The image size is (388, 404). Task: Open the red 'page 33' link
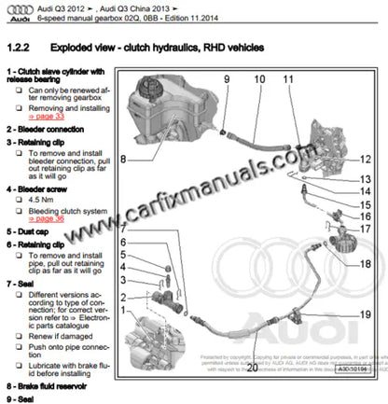(x=44, y=118)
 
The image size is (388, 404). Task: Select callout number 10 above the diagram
(x=258, y=81)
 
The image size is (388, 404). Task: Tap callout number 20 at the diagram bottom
(x=251, y=368)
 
